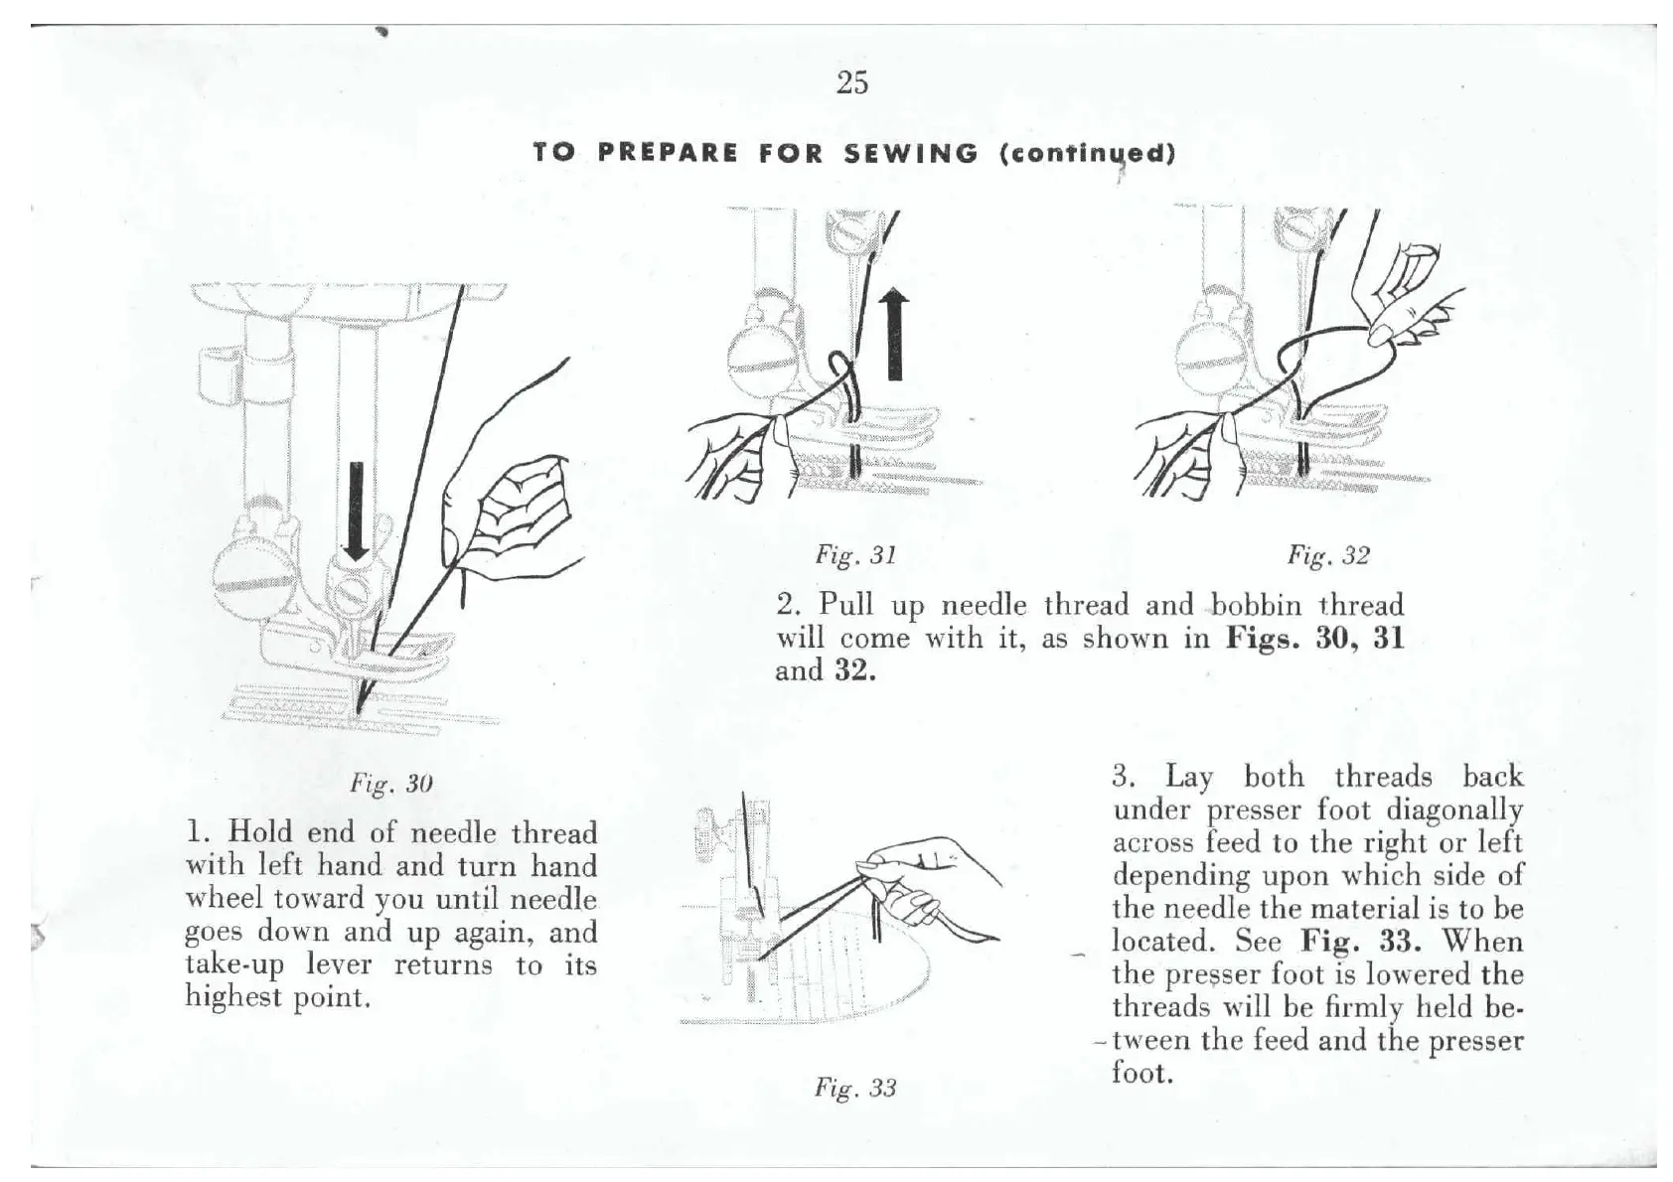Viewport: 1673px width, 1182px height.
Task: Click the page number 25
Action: pos(852,82)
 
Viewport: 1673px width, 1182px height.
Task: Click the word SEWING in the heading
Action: pos(910,154)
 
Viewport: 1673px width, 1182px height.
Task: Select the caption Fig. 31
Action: pos(855,555)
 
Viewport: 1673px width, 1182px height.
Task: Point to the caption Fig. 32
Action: pos(1328,555)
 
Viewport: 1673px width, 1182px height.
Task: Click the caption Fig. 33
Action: pos(855,1088)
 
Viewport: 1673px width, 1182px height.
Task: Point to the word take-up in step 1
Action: pos(233,965)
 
